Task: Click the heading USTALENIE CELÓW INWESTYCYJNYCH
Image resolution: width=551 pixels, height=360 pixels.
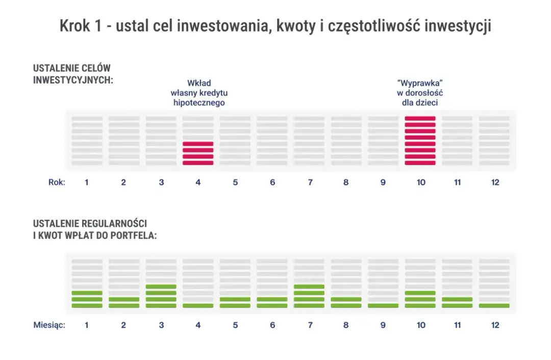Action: tap(72, 74)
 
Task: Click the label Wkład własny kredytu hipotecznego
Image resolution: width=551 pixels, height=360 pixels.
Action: tap(198, 92)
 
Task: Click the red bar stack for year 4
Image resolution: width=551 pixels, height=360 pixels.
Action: tap(198, 153)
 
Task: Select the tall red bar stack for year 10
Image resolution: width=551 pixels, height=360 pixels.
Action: tap(420, 141)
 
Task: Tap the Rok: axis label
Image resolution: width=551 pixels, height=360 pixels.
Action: tap(56, 183)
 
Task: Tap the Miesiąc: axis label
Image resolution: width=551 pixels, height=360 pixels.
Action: tap(49, 325)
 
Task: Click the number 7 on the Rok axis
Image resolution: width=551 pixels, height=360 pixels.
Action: tap(310, 183)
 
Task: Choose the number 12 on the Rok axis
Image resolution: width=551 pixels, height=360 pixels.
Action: tap(494, 183)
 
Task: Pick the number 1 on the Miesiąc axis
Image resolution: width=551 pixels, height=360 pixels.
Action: tap(87, 325)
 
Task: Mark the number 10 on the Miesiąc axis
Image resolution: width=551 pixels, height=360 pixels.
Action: tap(420, 325)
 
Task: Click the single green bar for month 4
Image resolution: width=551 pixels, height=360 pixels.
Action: tap(198, 305)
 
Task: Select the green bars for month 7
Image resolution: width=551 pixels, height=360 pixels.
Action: tap(309, 296)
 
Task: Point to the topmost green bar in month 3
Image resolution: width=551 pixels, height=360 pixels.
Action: tap(161, 287)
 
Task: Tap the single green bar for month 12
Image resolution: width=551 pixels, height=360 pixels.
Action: tap(494, 305)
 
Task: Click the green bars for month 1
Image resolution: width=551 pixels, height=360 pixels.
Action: tap(87, 299)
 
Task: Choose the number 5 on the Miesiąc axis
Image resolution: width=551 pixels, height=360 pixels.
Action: tap(235, 325)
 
